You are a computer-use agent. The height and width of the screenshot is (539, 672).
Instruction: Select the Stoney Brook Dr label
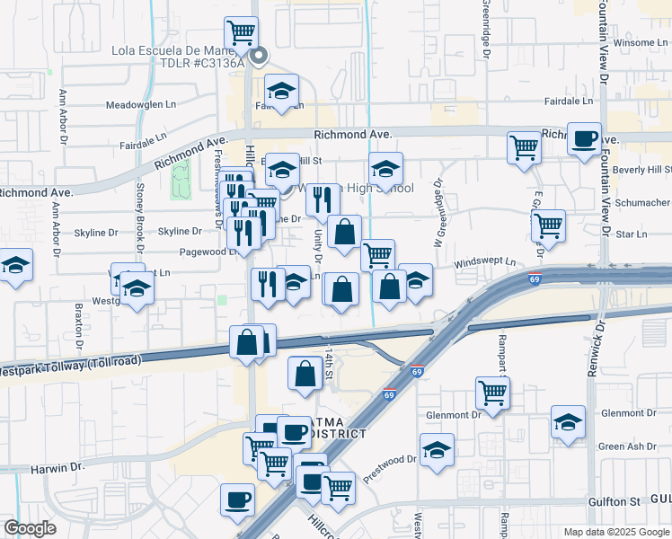tap(140, 219)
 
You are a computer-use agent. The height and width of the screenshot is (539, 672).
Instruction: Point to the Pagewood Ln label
tap(208, 252)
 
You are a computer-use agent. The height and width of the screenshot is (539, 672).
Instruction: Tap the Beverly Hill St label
tap(641, 170)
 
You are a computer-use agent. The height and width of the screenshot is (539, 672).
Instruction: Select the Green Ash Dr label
tap(623, 446)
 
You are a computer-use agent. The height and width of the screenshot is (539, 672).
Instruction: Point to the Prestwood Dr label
tap(389, 469)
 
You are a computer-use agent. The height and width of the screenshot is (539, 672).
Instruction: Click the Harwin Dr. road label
tap(57, 468)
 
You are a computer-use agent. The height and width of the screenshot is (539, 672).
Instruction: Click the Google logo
tap(30, 528)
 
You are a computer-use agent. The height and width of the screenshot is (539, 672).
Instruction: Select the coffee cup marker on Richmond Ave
tap(584, 138)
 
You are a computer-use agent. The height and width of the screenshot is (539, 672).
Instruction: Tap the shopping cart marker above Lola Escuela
tap(241, 33)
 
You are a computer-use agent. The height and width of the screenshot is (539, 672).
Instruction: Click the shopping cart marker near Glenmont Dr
tap(492, 391)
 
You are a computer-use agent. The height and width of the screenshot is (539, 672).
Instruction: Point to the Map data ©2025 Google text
tap(615, 531)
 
